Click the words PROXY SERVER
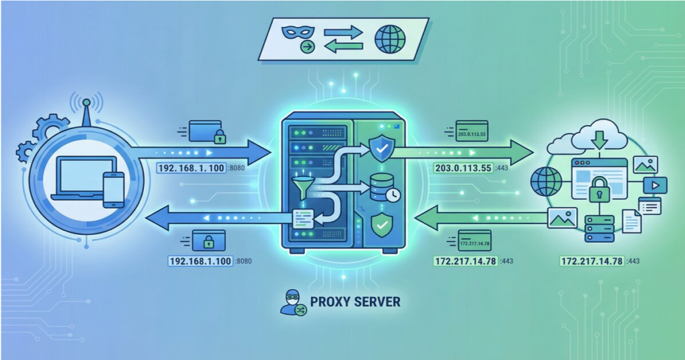[355, 302]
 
